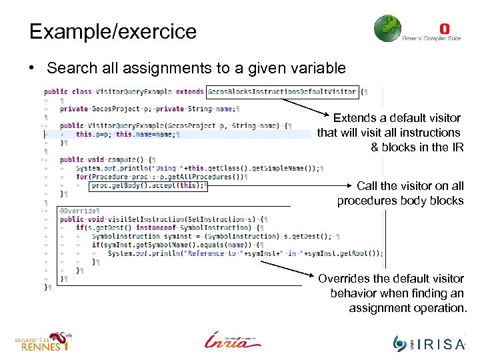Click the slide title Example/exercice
click(113, 31)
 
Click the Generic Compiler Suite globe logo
click(387, 29)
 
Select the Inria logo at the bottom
click(233, 339)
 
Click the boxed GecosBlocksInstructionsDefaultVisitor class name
click(283, 91)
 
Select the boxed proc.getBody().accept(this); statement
click(149, 186)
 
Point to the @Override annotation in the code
click(78, 211)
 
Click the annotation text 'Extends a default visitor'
click(397, 117)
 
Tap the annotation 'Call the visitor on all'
click(410, 186)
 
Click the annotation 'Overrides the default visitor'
click(391, 278)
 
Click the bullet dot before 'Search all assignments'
click(33, 69)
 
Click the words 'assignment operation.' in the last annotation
click(408, 308)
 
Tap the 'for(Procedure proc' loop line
click(160, 177)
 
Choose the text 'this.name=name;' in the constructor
click(146, 134)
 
